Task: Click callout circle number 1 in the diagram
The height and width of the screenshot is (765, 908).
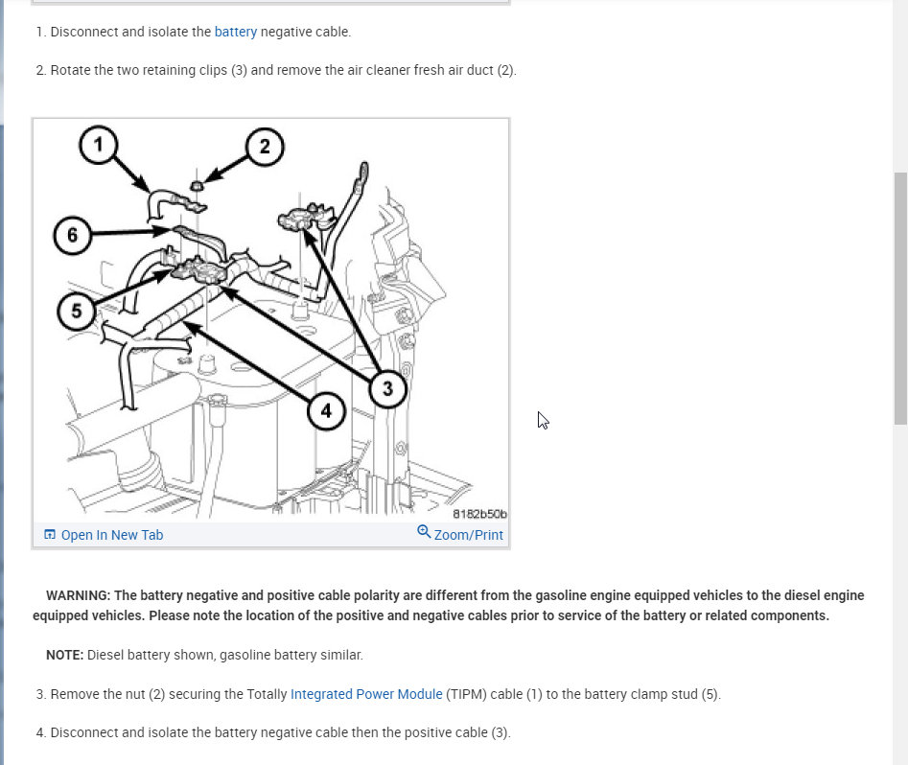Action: point(99,146)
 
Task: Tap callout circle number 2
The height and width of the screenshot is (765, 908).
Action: point(265,147)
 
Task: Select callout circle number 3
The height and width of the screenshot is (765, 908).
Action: point(387,388)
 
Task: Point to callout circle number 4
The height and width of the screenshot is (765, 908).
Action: point(326,411)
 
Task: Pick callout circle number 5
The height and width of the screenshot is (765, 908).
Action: point(76,311)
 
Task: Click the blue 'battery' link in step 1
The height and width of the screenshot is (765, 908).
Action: point(236,32)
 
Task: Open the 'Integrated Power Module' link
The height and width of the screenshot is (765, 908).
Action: point(366,694)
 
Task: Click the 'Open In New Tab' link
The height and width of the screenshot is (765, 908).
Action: point(112,535)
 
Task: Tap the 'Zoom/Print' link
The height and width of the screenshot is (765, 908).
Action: point(468,535)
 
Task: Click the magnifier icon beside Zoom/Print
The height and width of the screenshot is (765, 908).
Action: point(424,532)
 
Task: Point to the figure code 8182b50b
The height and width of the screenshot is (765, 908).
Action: point(479,515)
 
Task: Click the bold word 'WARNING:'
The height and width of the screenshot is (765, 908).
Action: point(78,595)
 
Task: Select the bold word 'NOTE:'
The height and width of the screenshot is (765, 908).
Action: point(64,656)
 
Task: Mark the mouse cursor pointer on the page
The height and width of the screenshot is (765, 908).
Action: point(542,419)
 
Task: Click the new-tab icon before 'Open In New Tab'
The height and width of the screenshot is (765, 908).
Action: point(50,535)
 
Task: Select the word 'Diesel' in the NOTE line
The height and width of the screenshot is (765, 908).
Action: point(105,656)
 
